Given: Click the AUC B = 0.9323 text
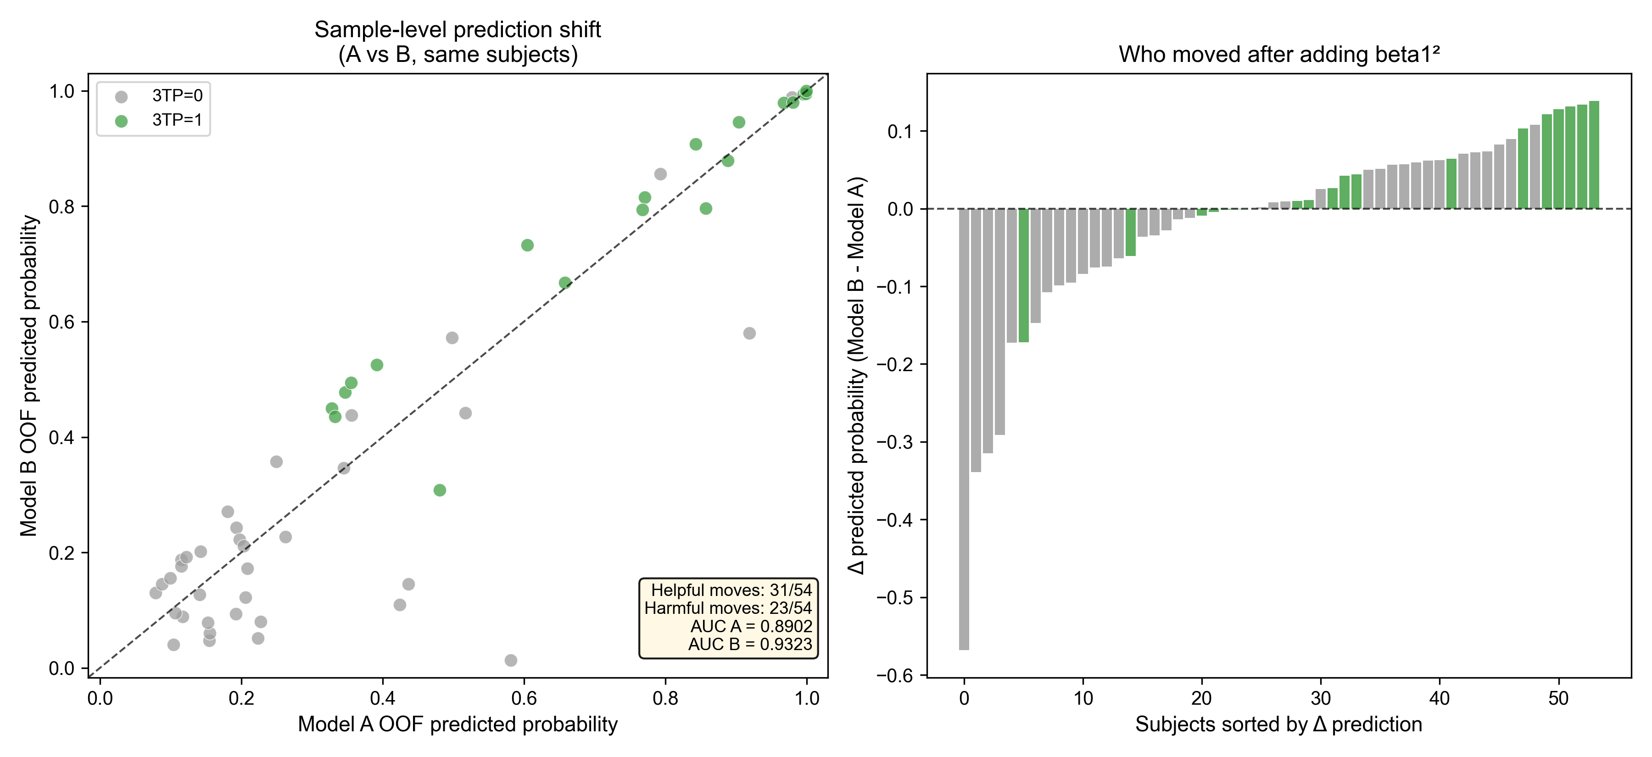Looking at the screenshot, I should point(750,644).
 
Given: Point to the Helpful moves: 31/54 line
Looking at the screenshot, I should point(731,590).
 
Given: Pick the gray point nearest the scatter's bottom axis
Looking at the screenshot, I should point(510,660).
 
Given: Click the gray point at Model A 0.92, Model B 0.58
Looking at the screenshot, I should point(749,334).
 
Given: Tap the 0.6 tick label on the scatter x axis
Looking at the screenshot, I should point(524,697).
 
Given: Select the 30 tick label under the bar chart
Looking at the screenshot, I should point(1320,697).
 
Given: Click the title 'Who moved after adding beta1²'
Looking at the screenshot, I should point(1279,55).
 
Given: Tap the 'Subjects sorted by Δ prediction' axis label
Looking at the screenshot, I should point(1279,724).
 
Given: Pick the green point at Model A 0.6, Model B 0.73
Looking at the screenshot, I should point(527,245).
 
